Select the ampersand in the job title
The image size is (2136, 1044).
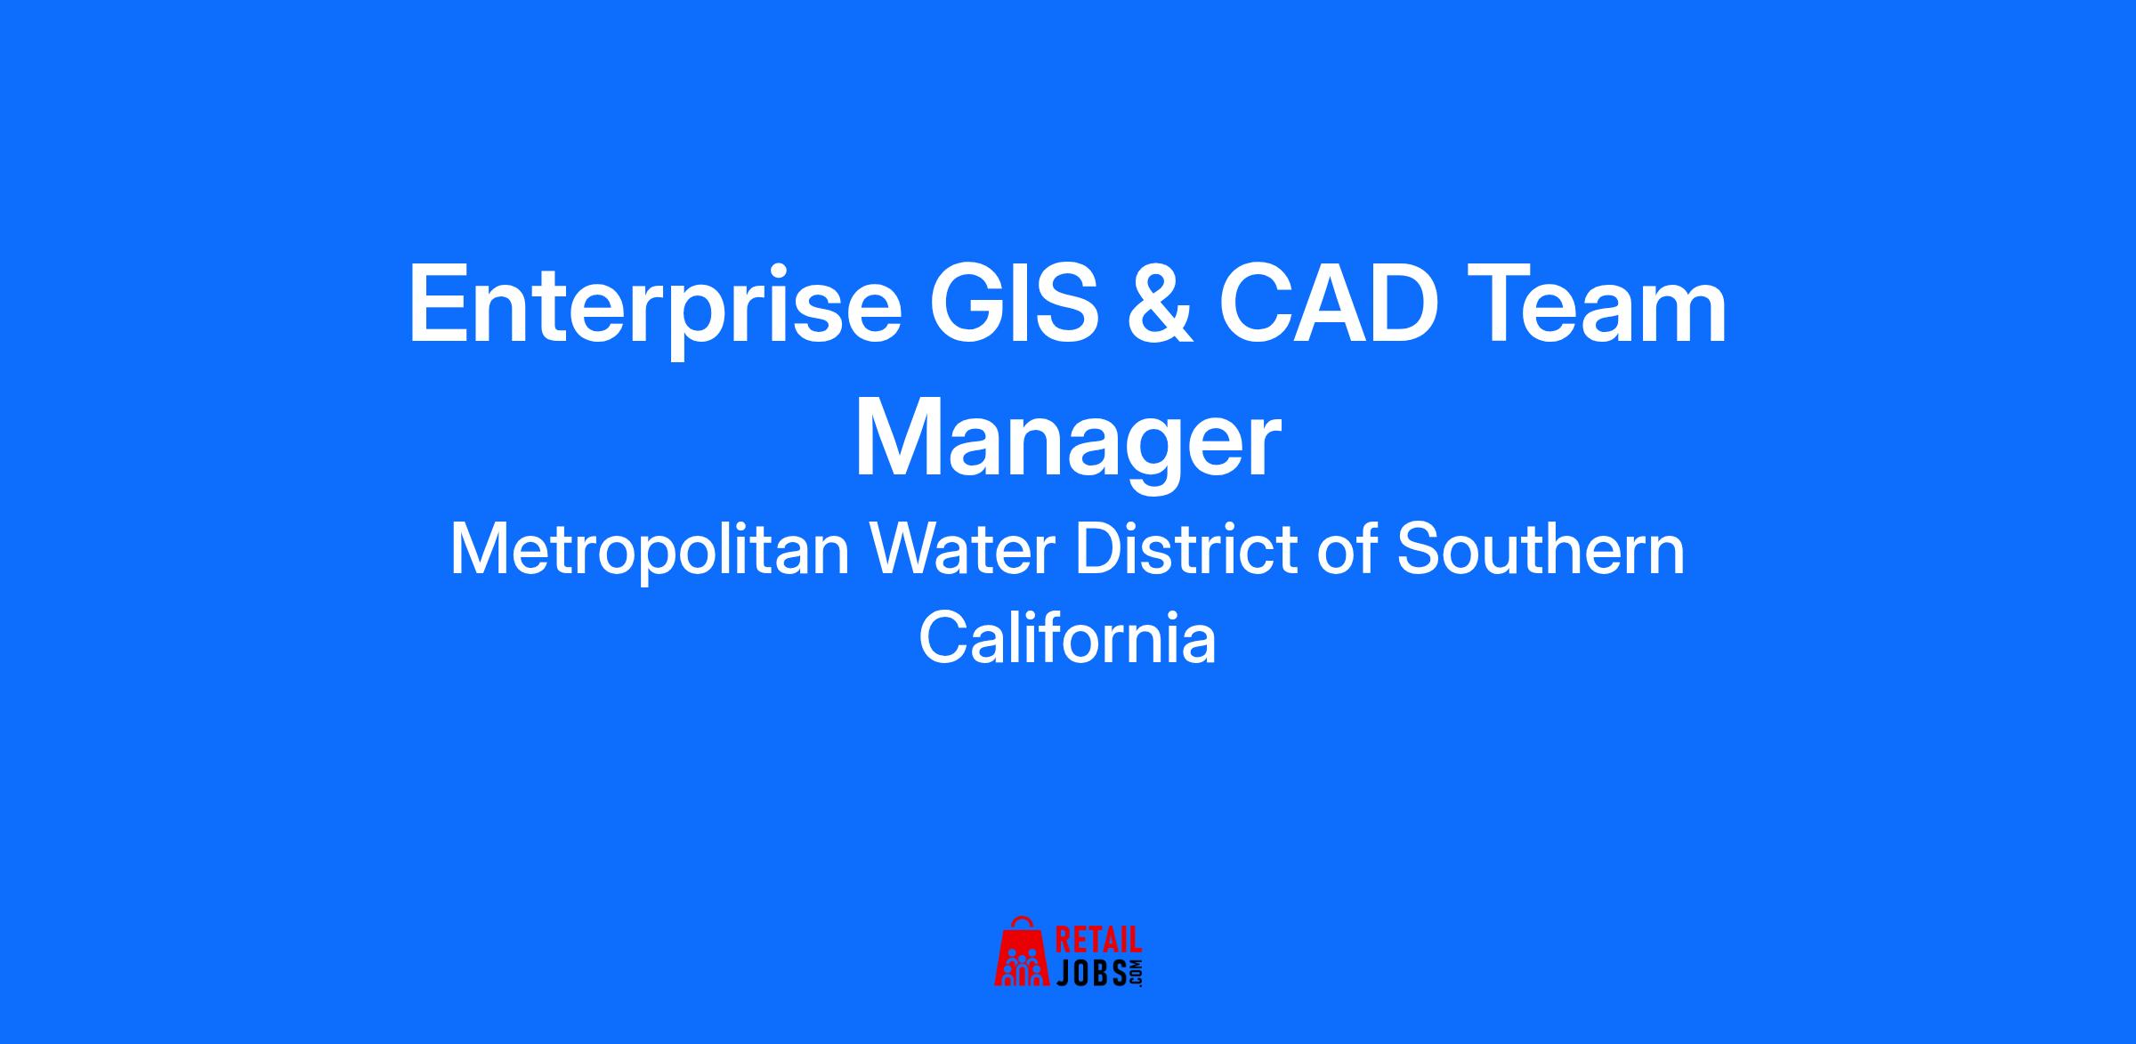click(x=1160, y=303)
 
